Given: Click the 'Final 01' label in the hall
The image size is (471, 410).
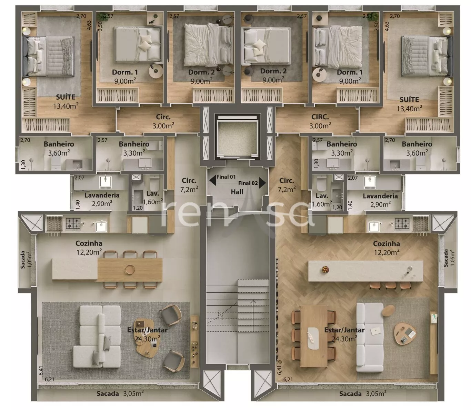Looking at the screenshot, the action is pyautogui.click(x=226, y=177).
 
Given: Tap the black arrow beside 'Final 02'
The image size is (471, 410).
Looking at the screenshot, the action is pyautogui.click(x=262, y=183).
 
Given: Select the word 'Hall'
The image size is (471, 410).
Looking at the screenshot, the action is pyautogui.click(x=237, y=192).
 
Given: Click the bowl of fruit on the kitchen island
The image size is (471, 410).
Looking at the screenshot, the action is pyautogui.click(x=325, y=269).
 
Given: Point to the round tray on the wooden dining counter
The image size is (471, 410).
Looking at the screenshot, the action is pyautogui.click(x=130, y=270).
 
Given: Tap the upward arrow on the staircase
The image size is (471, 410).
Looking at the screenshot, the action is pyautogui.click(x=253, y=316).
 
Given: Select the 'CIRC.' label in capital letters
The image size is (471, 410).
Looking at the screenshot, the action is pyautogui.click(x=320, y=117).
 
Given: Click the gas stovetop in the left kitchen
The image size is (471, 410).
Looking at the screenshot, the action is pyautogui.click(x=73, y=223).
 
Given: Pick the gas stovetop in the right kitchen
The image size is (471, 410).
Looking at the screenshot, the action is pyautogui.click(x=402, y=223).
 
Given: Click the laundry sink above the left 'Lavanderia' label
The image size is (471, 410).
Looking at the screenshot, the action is pyautogui.click(x=106, y=182).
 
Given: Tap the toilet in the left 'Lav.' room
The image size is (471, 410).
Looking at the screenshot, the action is pyautogui.click(x=154, y=184).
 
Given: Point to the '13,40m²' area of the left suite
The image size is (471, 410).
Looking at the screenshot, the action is pyautogui.click(x=66, y=106).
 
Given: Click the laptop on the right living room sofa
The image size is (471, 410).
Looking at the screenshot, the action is pyautogui.click(x=375, y=331).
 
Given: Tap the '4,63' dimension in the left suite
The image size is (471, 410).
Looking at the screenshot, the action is pyautogui.click(x=89, y=25).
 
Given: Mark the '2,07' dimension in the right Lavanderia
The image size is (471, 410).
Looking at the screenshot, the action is pyautogui.click(x=352, y=178).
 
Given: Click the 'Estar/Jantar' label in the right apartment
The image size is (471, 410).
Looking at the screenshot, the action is pyautogui.click(x=344, y=330).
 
